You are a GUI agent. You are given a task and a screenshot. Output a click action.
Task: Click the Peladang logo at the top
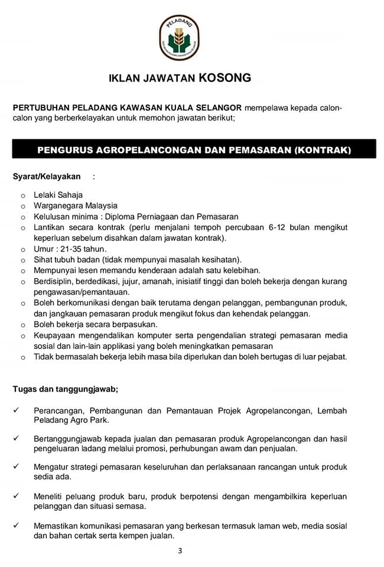[x=179, y=37]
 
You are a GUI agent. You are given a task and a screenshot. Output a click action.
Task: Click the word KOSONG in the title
[x=225, y=77]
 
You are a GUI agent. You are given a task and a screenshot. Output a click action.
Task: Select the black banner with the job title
[x=194, y=150]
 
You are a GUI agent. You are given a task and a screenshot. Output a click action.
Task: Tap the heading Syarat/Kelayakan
[x=47, y=177]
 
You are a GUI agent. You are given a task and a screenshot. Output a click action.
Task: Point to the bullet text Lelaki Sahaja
[x=58, y=195]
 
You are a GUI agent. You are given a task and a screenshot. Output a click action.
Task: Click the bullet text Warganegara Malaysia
[x=76, y=206]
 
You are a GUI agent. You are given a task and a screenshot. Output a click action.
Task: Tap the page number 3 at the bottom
[x=180, y=552]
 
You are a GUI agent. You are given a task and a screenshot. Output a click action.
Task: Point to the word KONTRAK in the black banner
[x=323, y=150]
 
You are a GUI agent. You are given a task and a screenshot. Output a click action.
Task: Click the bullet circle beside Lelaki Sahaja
[x=22, y=195]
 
